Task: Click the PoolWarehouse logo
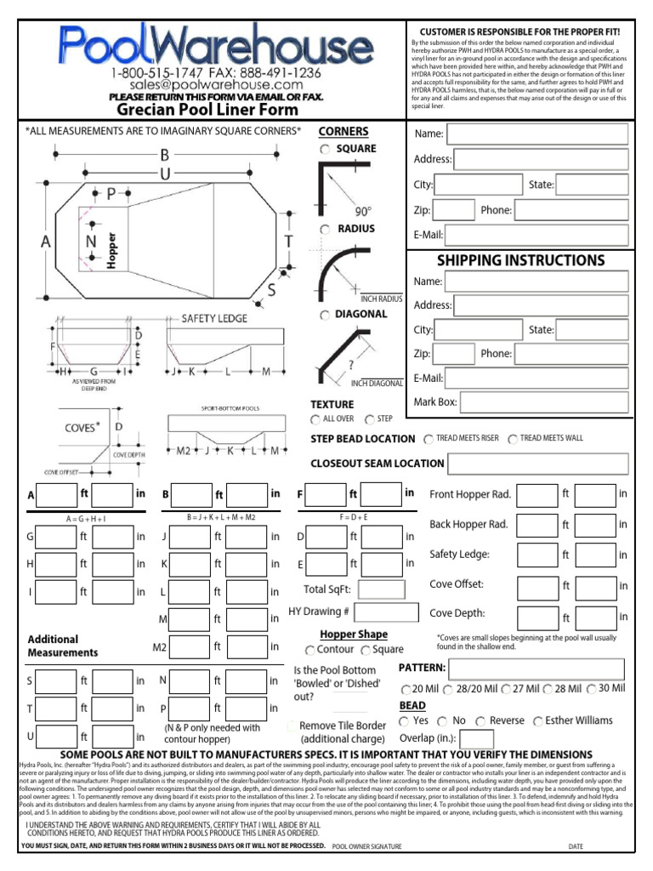click(204, 43)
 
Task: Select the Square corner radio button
click(325, 150)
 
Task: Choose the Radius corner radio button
click(325, 230)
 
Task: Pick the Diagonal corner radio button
click(325, 316)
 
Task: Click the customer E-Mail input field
click(537, 235)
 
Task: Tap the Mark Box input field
click(537, 402)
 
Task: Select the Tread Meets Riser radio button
click(428, 439)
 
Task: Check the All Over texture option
click(316, 419)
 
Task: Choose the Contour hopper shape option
click(309, 651)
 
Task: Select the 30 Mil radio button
click(591, 688)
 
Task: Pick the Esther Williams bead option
click(538, 721)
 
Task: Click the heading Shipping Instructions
click(520, 260)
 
